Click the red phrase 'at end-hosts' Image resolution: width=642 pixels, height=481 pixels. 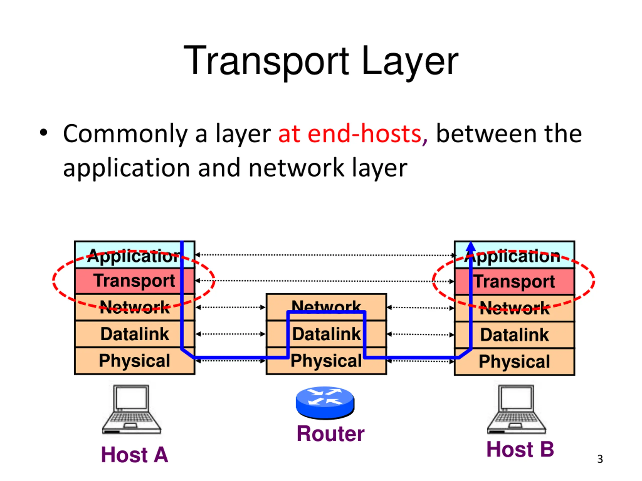tap(350, 134)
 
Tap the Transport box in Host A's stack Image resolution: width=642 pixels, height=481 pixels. tap(135, 281)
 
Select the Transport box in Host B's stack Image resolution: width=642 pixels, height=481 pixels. tap(514, 282)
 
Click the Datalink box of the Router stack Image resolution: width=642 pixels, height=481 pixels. tap(326, 334)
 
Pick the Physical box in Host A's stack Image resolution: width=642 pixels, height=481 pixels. tap(135, 361)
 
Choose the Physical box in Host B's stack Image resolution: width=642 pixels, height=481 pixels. tap(514, 362)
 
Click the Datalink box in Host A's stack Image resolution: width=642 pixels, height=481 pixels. tap(135, 334)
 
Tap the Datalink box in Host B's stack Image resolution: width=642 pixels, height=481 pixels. tap(514, 335)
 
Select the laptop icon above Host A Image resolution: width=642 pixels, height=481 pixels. tap(131, 409)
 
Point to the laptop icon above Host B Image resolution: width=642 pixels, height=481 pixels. tap(516, 409)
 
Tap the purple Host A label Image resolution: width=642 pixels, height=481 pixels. tap(135, 455)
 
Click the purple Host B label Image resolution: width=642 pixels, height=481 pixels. tap(520, 449)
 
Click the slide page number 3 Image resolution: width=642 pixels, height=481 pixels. tap(600, 459)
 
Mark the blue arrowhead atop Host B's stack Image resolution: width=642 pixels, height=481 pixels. tap(471, 246)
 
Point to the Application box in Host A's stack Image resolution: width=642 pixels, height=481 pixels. tap(135, 255)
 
